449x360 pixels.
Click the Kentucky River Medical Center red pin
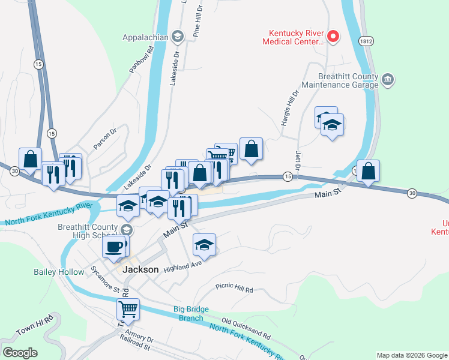[x=333, y=38]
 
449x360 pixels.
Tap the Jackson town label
[x=140, y=270]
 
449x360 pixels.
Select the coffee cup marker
[x=114, y=246]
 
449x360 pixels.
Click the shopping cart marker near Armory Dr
[x=128, y=309]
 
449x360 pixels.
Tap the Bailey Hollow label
[x=59, y=272]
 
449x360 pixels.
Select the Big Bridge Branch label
[x=191, y=313]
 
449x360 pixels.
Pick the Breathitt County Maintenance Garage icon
[x=388, y=80]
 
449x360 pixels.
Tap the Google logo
[x=20, y=352]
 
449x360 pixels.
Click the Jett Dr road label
[x=298, y=160]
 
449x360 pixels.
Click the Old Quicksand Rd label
[x=246, y=326]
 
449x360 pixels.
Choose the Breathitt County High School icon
[x=127, y=230]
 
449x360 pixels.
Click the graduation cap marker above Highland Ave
[x=204, y=245]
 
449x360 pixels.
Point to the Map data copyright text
[x=411, y=355]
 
